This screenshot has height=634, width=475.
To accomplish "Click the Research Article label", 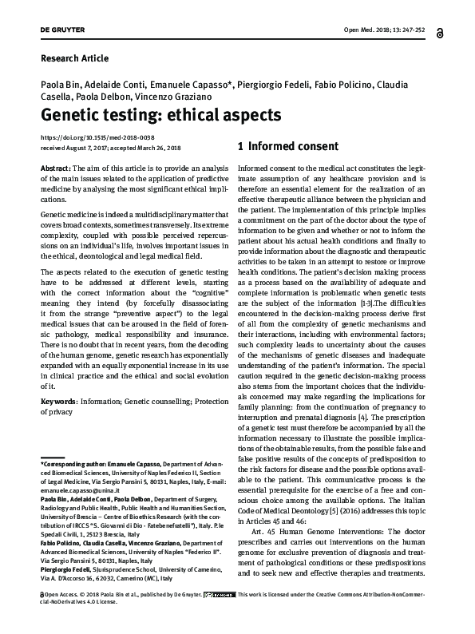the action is click(x=73, y=58).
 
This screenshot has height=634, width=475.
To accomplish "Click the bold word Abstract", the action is click(x=55, y=169).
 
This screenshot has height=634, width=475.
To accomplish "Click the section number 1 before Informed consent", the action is click(x=219, y=147).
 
